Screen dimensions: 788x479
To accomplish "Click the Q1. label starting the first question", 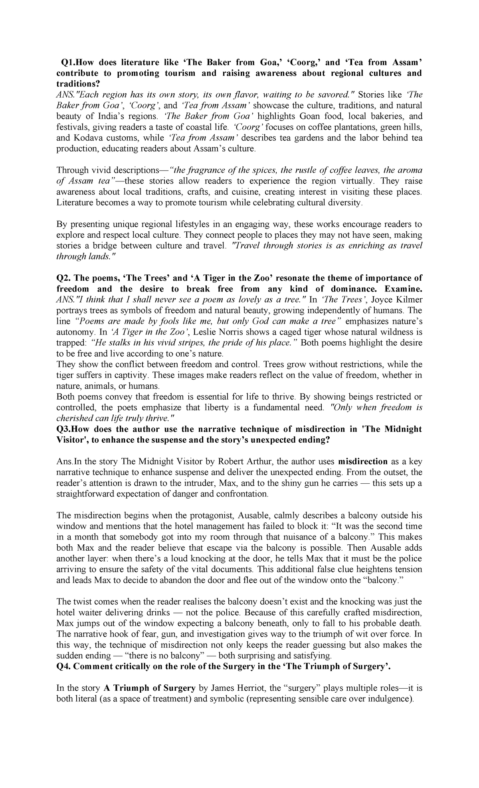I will [x=67, y=62].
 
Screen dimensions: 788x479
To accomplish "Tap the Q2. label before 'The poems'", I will [x=64, y=278].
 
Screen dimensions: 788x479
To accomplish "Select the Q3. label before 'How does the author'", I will [x=65, y=429].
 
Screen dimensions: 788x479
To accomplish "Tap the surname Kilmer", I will [x=409, y=299].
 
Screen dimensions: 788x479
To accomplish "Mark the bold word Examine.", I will [x=403, y=289].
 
